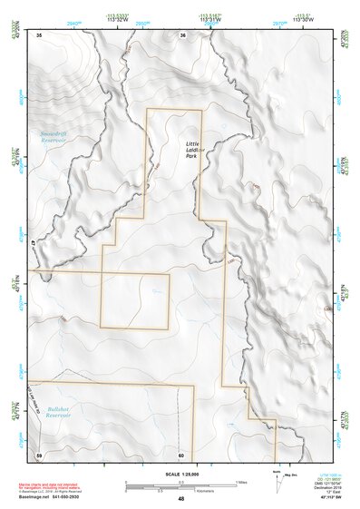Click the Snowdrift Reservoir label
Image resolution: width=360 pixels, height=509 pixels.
(x=54, y=138)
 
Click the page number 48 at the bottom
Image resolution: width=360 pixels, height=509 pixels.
(x=180, y=499)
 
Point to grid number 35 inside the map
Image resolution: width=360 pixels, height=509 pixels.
(x=39, y=35)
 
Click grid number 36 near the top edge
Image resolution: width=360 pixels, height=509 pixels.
(x=182, y=35)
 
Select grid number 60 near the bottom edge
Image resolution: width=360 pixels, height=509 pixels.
(x=181, y=454)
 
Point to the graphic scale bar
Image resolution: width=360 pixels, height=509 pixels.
(x=180, y=482)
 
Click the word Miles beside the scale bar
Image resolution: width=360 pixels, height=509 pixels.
(x=241, y=481)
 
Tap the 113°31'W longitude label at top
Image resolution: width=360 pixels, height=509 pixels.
(x=211, y=21)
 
